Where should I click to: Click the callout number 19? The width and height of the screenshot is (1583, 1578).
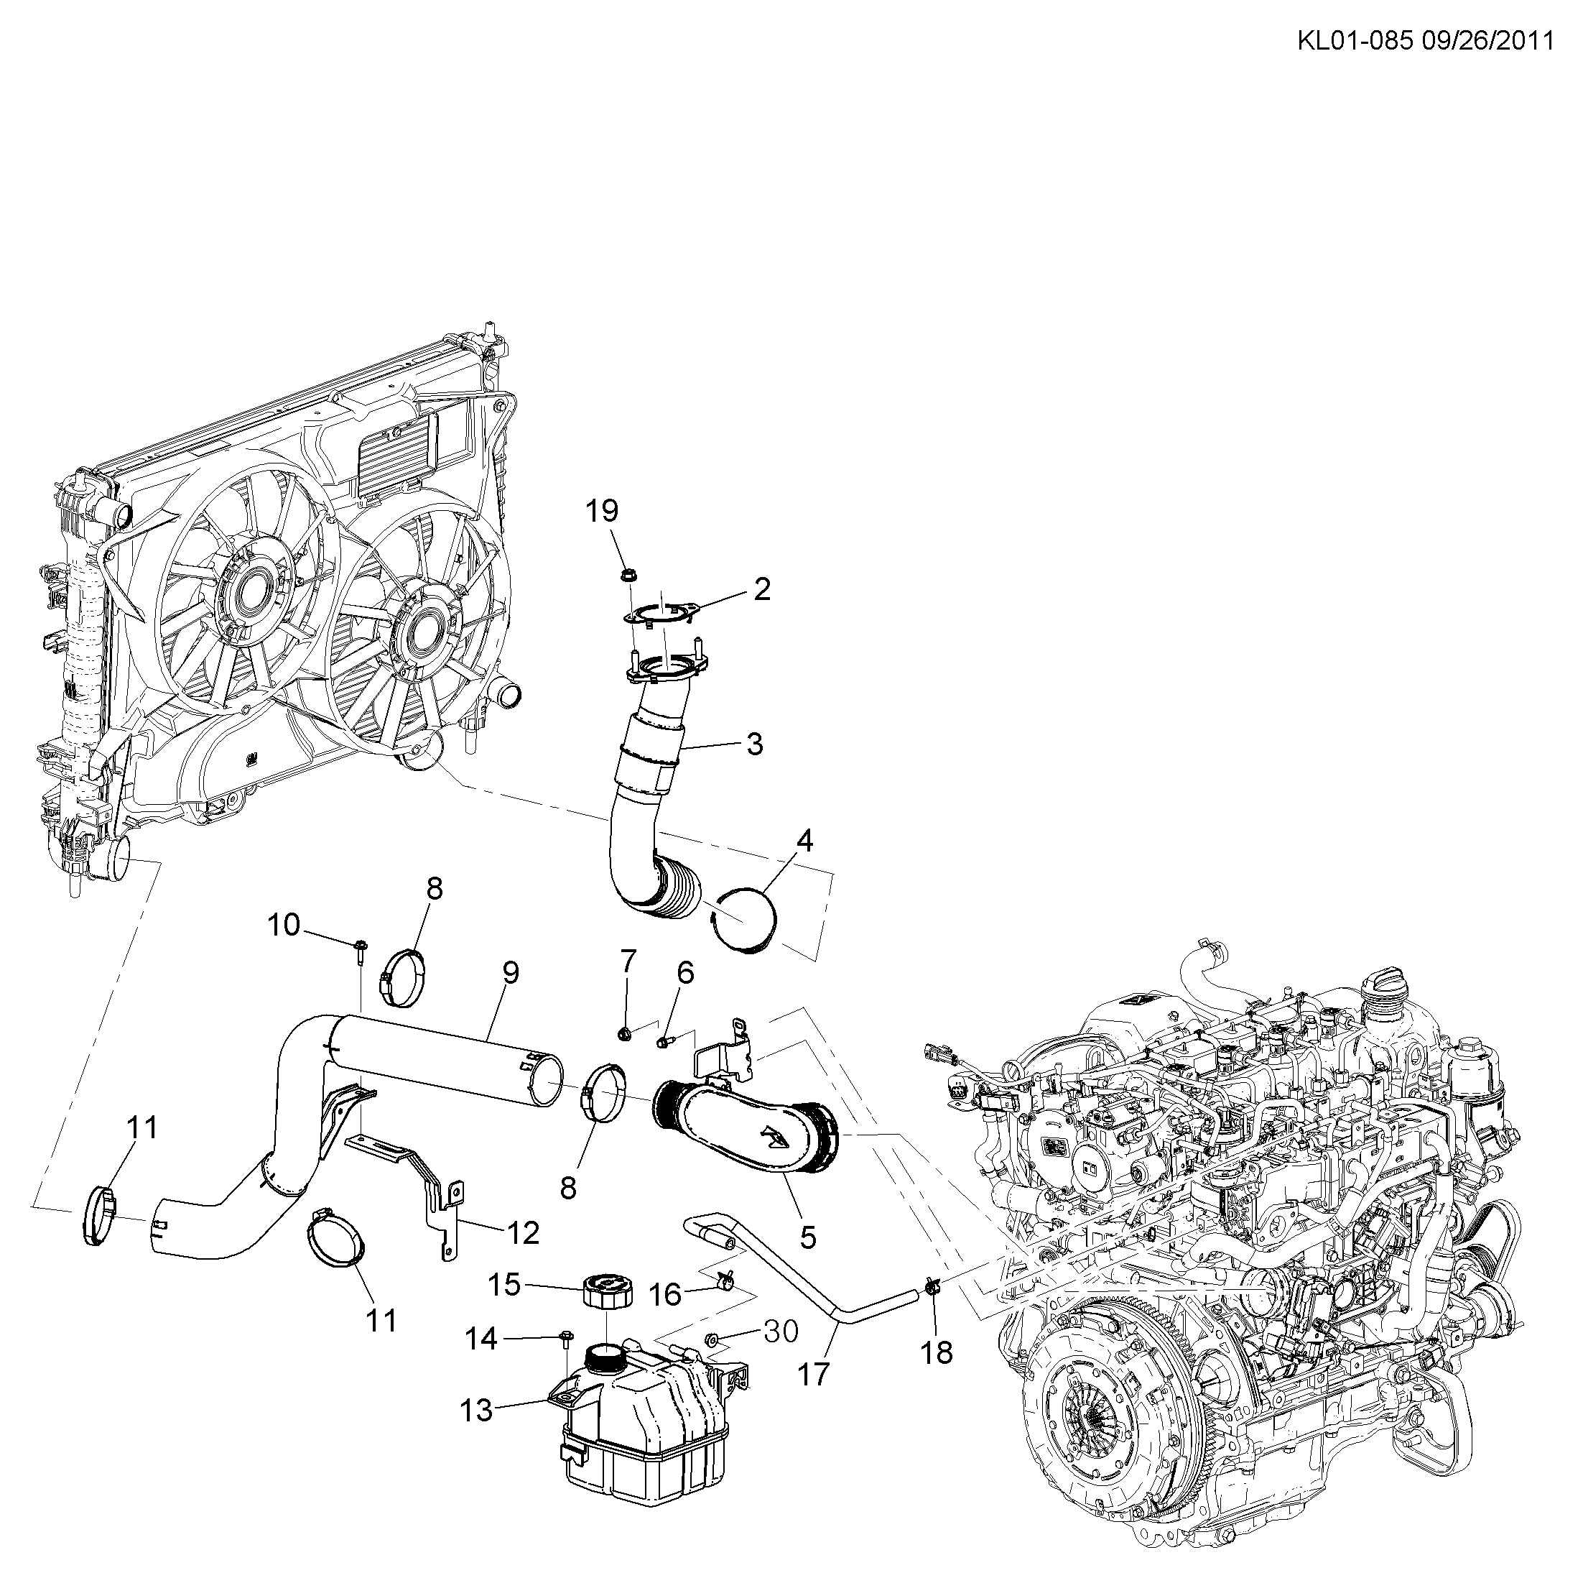click(x=601, y=512)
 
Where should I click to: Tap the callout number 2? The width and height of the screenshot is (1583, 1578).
click(x=762, y=589)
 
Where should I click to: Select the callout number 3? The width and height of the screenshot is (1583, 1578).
click(x=755, y=744)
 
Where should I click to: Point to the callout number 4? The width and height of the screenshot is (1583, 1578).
click(x=805, y=840)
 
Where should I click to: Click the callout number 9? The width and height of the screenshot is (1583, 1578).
click(x=511, y=973)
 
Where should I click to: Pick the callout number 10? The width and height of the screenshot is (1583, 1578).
click(x=284, y=926)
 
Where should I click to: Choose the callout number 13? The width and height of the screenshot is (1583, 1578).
click(x=476, y=1411)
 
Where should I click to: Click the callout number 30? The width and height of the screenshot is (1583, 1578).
click(x=780, y=1332)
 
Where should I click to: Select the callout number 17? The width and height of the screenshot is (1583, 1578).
click(x=814, y=1375)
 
